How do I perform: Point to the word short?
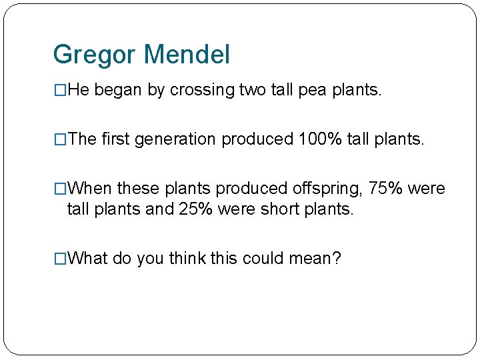pos(279,209)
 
